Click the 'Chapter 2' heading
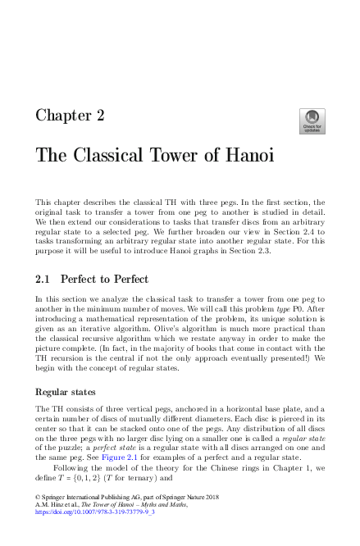coord(70,116)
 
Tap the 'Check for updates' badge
coord(312,122)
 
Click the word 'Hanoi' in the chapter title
coord(243,155)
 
